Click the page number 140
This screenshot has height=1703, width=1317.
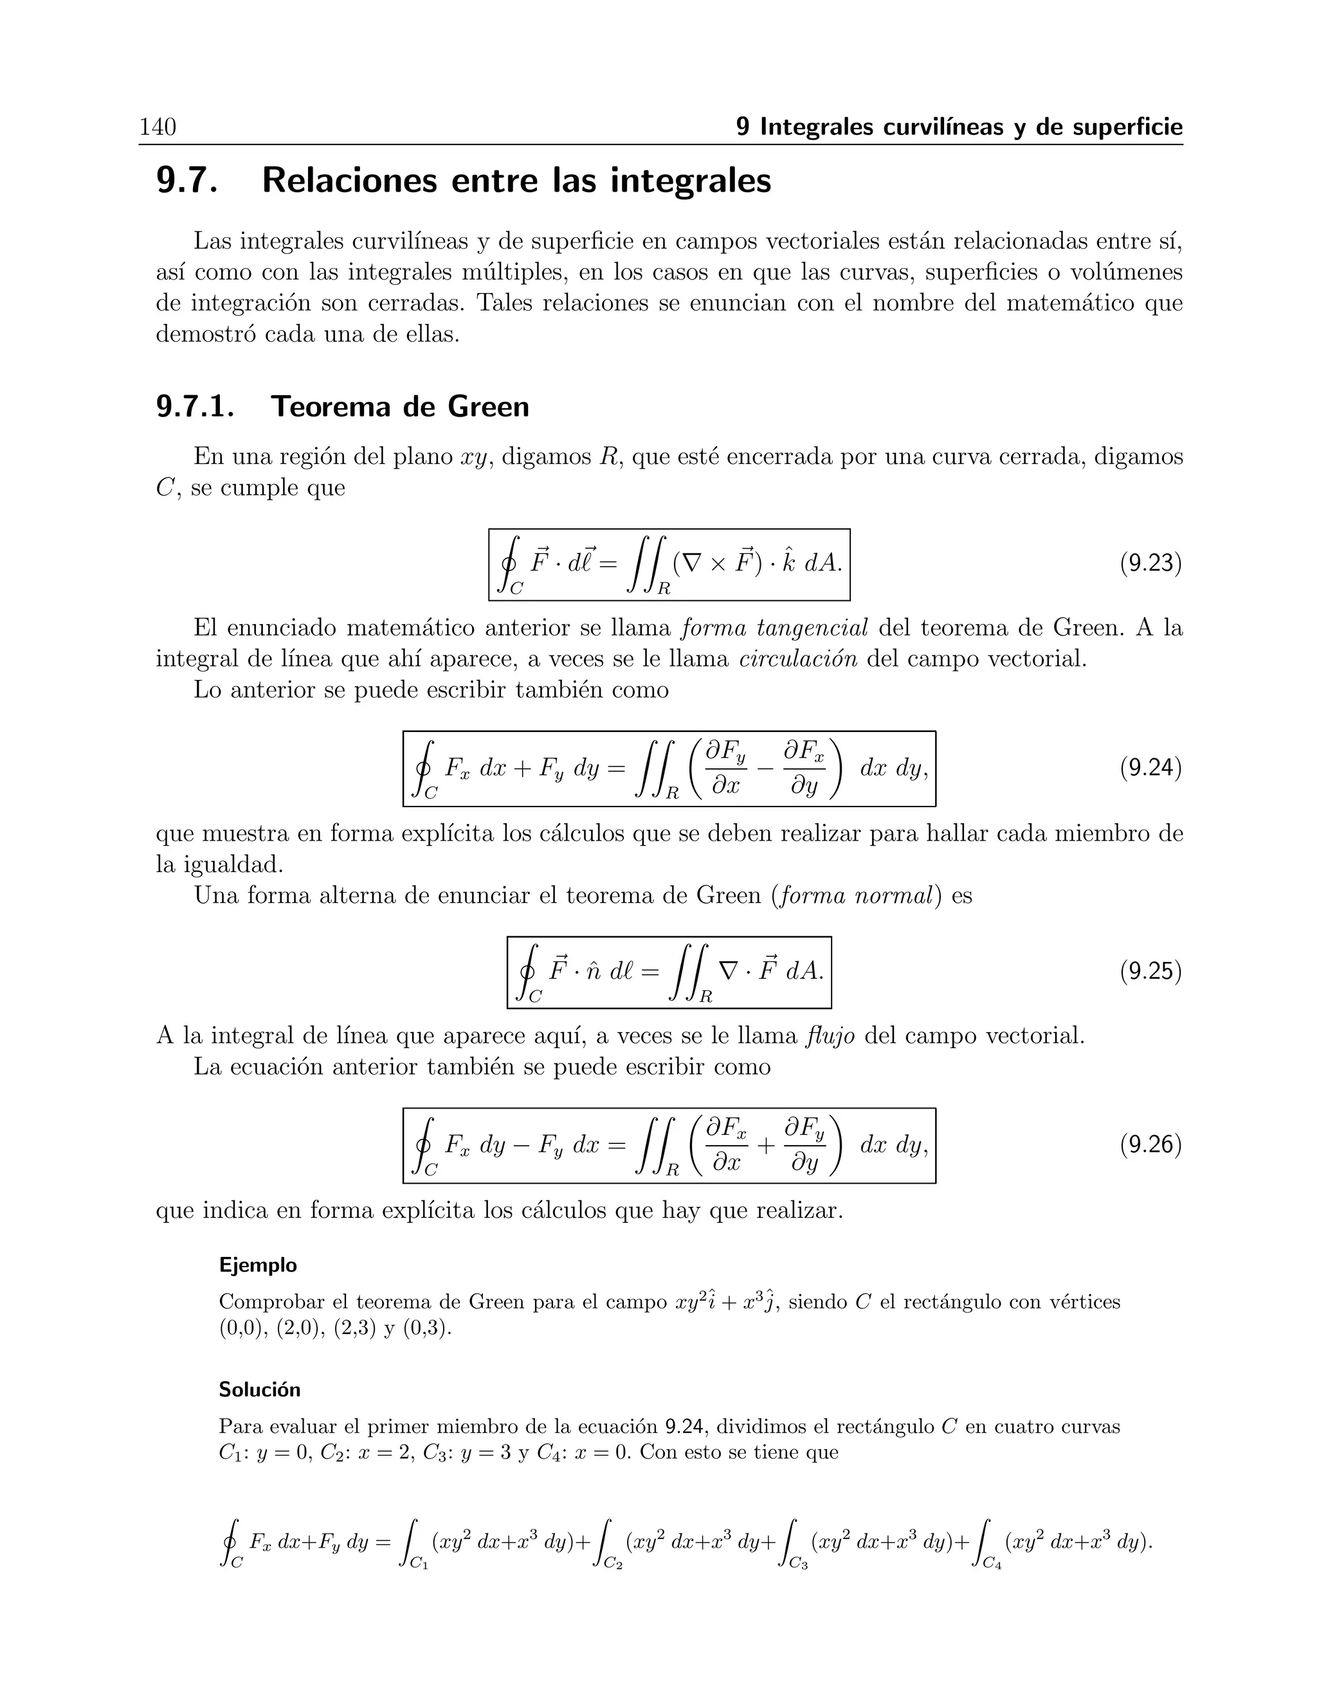click(x=158, y=127)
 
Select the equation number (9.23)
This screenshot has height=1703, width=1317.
click(x=1150, y=563)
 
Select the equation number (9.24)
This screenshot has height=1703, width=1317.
click(x=1150, y=768)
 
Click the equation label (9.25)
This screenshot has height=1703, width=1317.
click(x=1150, y=971)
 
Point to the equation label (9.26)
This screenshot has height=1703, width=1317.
click(x=1150, y=1145)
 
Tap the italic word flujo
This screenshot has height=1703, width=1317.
click(x=831, y=1037)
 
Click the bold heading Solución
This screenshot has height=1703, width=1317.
click(x=259, y=1389)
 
